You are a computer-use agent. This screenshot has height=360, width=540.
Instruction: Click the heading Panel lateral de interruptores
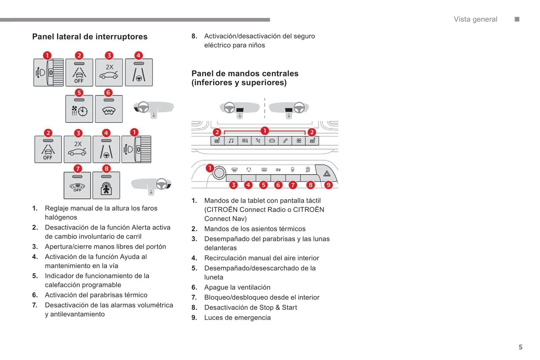tap(90, 37)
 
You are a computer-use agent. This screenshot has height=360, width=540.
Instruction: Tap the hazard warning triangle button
tap(327, 173)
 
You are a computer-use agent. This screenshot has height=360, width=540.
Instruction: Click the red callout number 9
tap(328, 185)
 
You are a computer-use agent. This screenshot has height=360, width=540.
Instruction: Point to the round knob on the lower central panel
tap(219, 173)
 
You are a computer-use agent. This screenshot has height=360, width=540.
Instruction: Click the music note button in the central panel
tap(231, 141)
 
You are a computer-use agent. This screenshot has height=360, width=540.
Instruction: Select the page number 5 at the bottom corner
tap(520, 347)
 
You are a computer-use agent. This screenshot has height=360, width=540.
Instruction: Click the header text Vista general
tap(475, 19)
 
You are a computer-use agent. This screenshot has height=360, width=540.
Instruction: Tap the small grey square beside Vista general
tap(517, 19)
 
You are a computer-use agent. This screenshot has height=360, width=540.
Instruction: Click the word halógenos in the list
tap(61, 217)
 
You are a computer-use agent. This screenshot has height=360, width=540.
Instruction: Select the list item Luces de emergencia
tap(237, 318)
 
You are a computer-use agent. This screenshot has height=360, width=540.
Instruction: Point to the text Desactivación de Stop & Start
tap(250, 308)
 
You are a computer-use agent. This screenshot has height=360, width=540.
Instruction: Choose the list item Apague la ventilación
tap(237, 288)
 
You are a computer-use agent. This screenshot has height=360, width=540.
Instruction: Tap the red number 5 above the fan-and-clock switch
tap(79, 93)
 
